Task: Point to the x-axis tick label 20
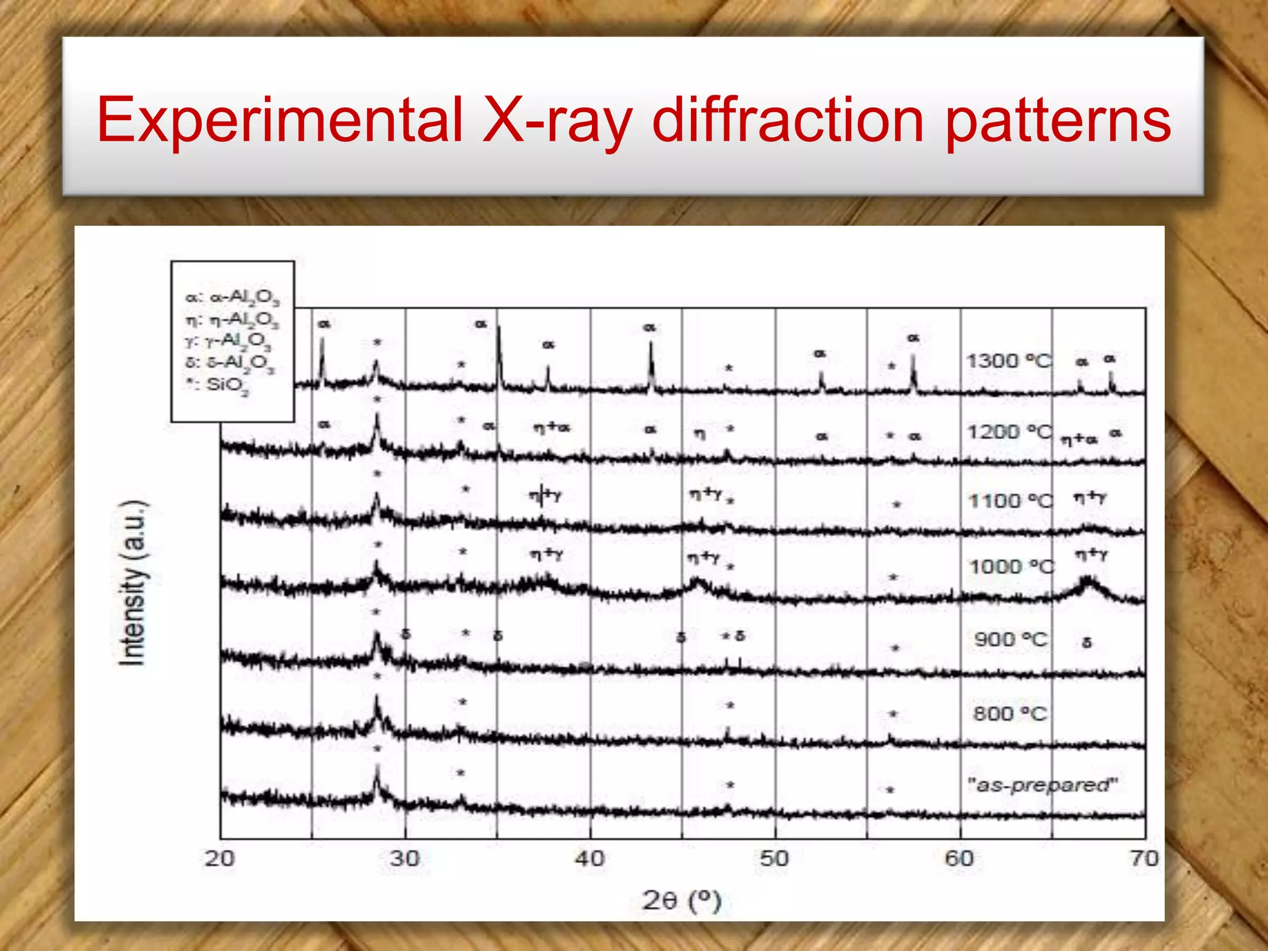tap(220, 858)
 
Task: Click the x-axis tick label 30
tap(405, 858)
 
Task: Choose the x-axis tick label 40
tap(589, 858)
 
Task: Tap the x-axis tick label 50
tap(775, 858)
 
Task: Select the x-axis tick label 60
tap(959, 858)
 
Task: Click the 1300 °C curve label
tap(1009, 360)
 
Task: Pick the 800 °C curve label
tap(1010, 713)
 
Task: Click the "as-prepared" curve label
tap(1043, 784)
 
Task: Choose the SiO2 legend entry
tap(217, 385)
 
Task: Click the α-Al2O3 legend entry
tap(232, 297)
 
